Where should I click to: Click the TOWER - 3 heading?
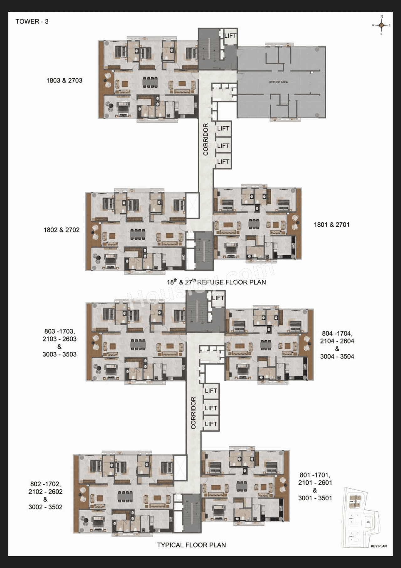[32, 22]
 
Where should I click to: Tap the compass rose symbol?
[381, 25]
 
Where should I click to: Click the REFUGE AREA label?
[278, 82]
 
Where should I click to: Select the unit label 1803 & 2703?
[64, 81]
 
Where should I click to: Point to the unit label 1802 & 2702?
[61, 230]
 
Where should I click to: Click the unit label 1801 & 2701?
[331, 225]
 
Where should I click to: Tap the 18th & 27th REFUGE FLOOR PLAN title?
[216, 282]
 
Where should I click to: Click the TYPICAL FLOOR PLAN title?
[191, 545]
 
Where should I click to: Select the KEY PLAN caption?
[378, 546]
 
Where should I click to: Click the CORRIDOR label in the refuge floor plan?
[206, 139]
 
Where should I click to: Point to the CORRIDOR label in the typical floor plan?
[193, 413]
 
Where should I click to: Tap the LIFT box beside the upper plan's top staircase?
[230, 36]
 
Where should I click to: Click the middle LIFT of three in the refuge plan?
[223, 146]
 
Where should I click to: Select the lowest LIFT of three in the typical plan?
[211, 424]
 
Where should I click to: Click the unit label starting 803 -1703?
[60, 343]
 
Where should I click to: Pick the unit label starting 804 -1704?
[337, 345]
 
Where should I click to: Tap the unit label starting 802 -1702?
[45, 495]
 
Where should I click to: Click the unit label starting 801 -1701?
[315, 486]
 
